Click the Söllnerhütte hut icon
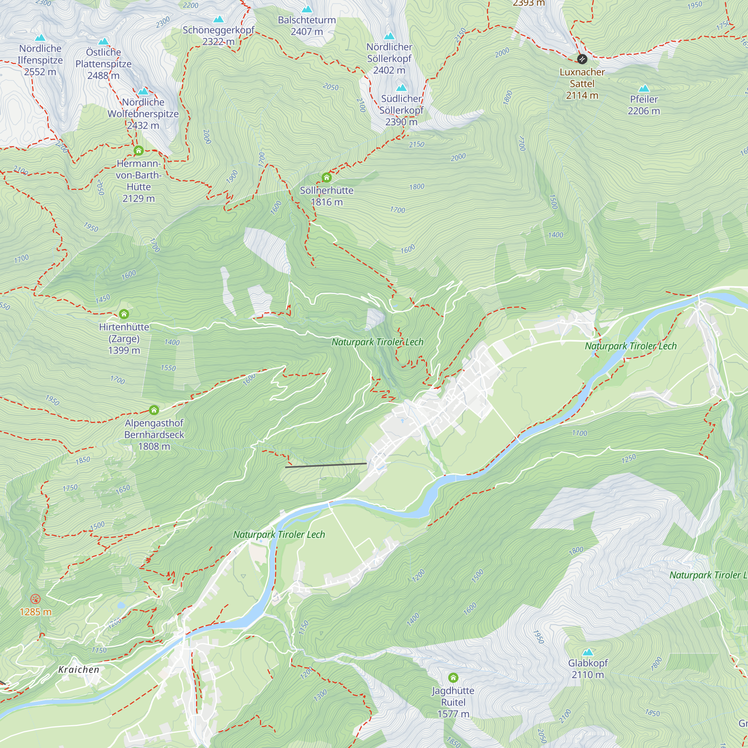327,178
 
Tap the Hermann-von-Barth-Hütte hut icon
139,150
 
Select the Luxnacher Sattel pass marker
582,59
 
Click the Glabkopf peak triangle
588,652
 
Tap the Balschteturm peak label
307,25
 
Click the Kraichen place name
79,670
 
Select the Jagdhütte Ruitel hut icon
453,678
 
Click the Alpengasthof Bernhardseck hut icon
154,410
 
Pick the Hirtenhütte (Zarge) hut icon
124,314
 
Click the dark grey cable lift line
326,465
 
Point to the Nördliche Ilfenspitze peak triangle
40,38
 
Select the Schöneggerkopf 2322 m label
218,36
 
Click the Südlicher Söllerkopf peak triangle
401,88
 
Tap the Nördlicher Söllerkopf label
389,58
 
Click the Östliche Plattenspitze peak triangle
103,42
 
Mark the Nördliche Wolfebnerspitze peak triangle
143,91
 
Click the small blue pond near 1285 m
121,605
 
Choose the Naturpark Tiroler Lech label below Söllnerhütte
377,342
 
